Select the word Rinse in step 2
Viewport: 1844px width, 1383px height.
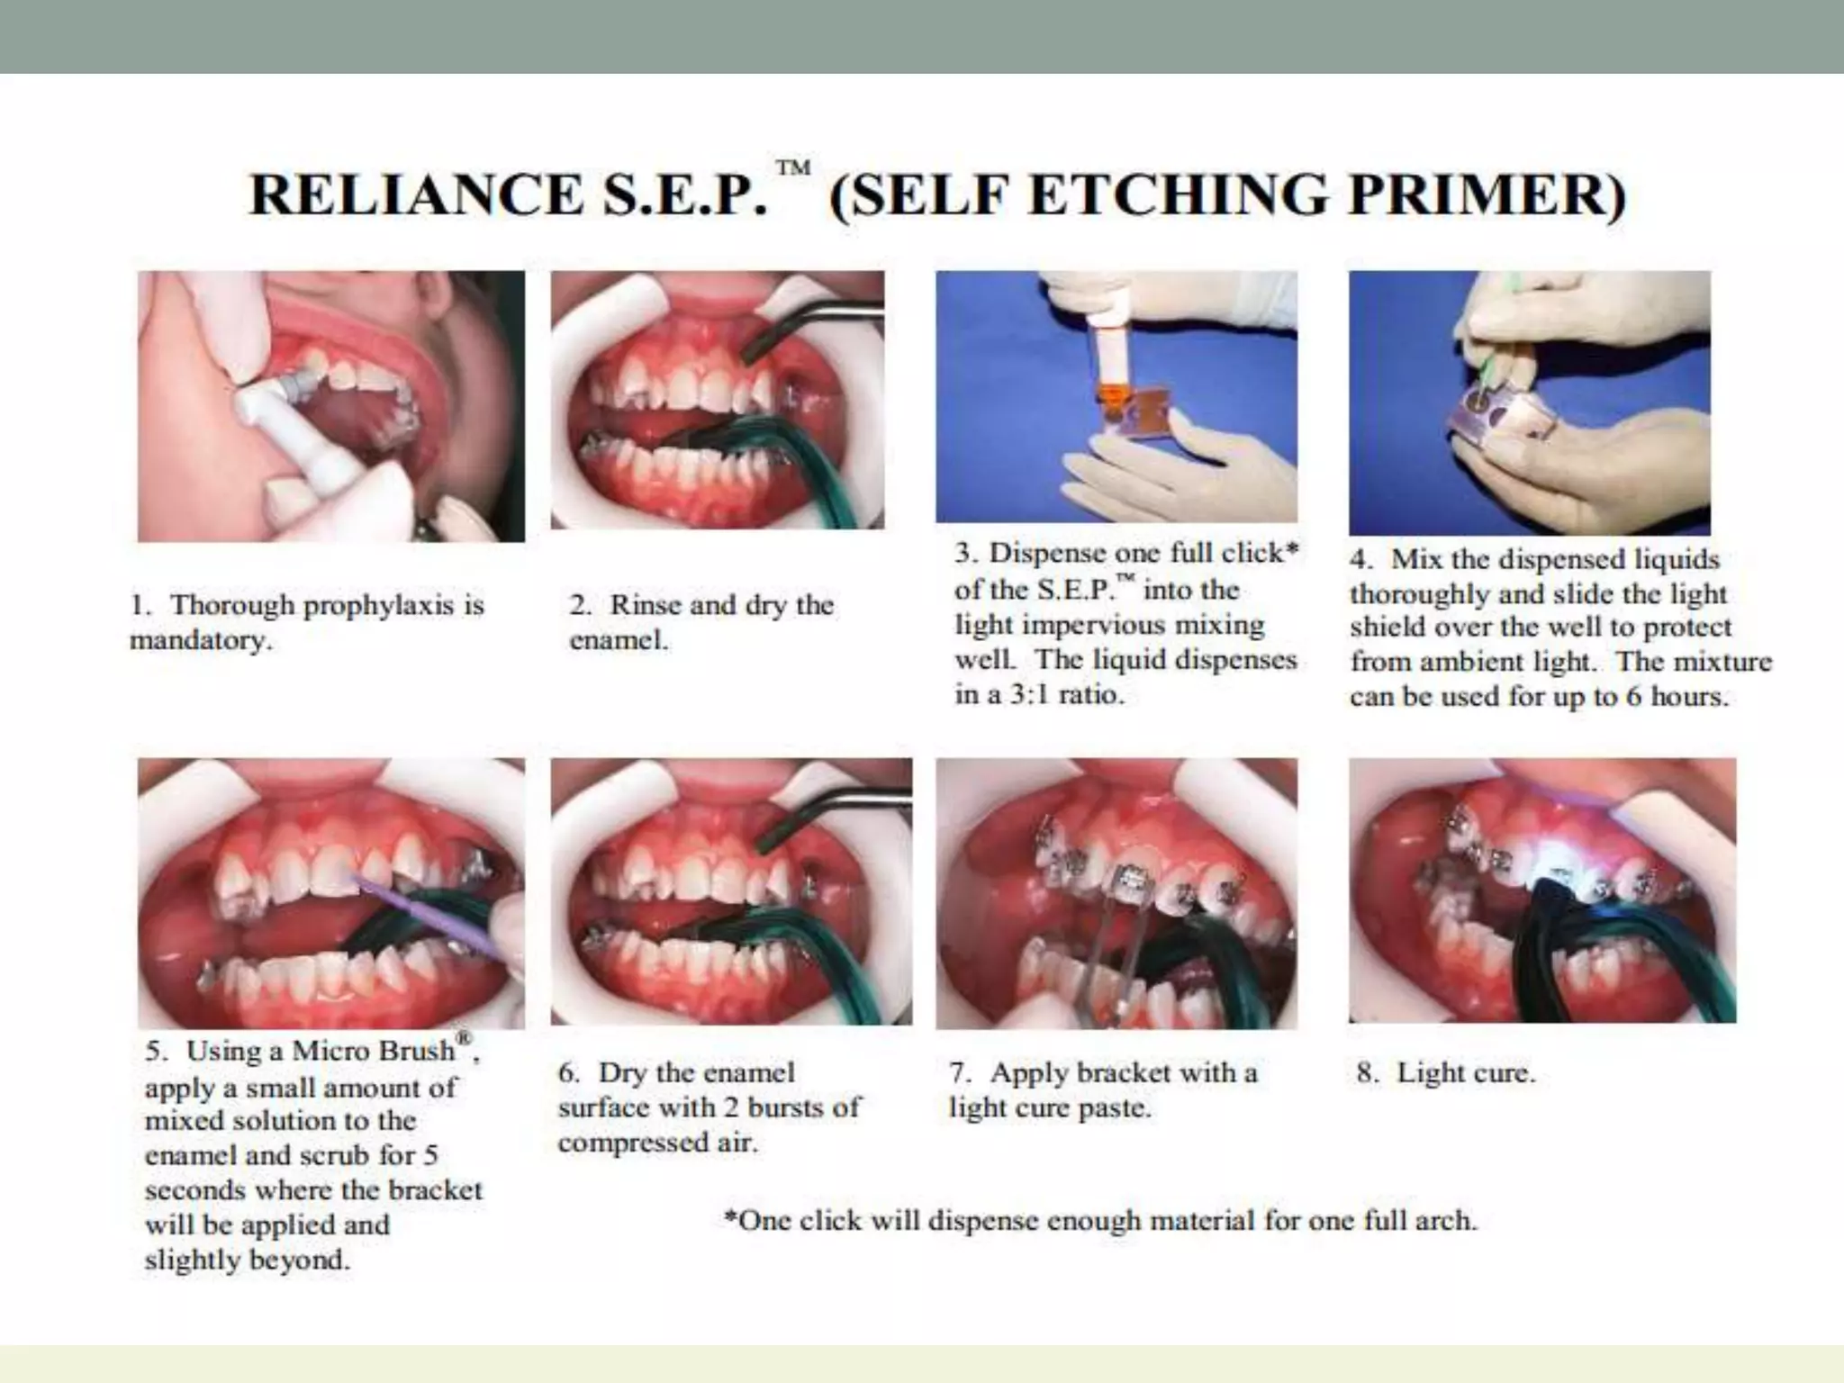tap(645, 605)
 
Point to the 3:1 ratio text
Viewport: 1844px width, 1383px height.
tap(1066, 695)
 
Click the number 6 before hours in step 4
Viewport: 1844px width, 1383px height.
tap(1632, 698)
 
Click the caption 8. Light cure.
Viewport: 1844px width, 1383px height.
tap(1446, 1073)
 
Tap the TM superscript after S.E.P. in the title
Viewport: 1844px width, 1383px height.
tap(793, 168)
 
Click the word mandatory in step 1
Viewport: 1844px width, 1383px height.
tap(199, 641)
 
